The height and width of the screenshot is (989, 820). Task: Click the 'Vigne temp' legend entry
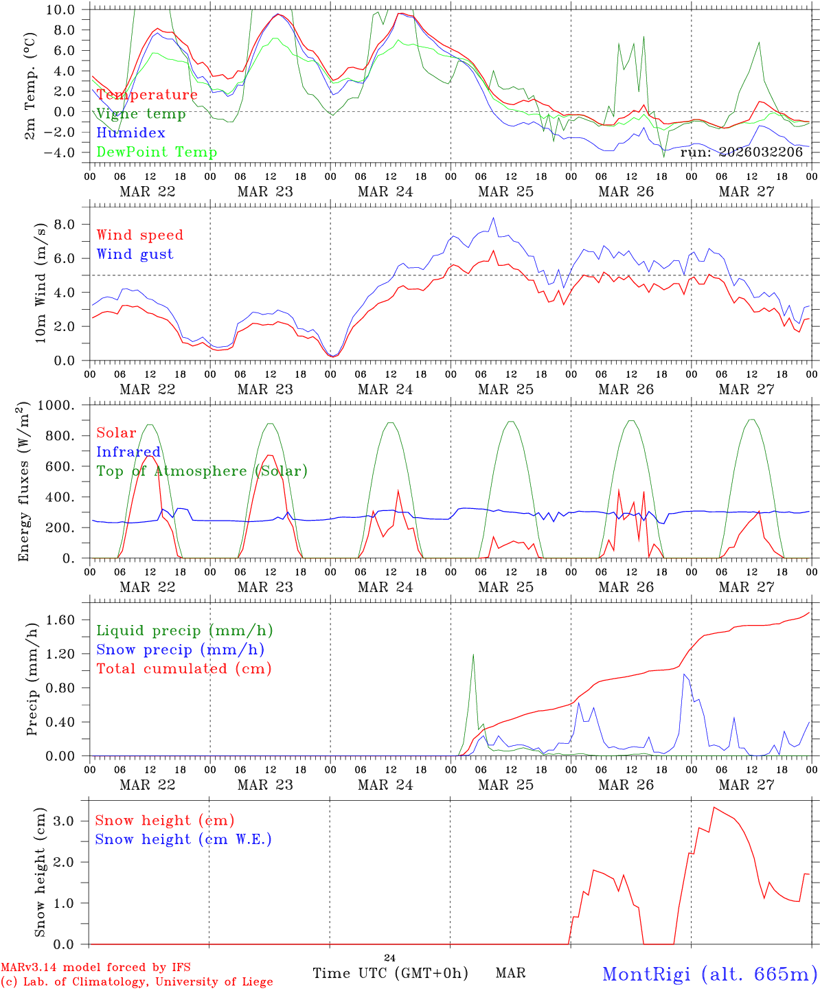[141, 114]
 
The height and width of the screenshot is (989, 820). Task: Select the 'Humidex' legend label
[130, 133]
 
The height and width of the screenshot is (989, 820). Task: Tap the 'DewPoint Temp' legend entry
[157, 152]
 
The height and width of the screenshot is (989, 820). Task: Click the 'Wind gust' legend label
[135, 254]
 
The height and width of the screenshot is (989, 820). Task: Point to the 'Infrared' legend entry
[128, 452]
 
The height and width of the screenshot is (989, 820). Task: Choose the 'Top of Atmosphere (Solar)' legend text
[202, 471]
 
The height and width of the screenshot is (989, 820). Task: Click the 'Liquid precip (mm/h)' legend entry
[185, 630]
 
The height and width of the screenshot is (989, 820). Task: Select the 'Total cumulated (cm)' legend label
[184, 668]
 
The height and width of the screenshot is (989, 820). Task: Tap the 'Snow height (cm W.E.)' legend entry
[183, 839]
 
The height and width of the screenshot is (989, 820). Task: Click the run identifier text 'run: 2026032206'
[741, 152]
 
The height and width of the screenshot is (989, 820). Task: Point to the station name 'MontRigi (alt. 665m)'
[709, 974]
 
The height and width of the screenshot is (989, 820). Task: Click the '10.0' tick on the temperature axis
[61, 10]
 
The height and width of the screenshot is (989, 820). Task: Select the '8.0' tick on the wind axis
[65, 225]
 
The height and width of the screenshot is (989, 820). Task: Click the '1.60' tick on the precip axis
[60, 620]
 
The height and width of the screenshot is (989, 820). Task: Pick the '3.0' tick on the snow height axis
[65, 821]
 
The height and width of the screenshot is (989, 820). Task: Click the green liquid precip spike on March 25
[473, 655]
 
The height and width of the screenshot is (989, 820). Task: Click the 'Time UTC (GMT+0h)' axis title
[390, 973]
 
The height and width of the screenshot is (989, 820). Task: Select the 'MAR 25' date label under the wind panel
[505, 389]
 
